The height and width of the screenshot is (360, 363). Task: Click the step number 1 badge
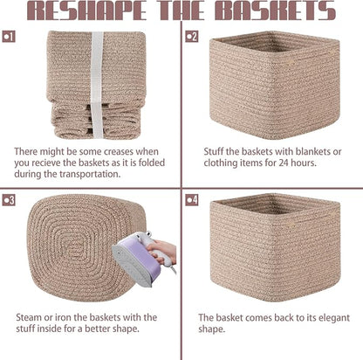[x=9, y=37]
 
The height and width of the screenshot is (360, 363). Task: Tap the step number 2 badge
[x=192, y=37]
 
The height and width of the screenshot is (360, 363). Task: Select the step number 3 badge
[x=9, y=200]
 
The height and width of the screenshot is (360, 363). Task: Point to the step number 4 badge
[x=192, y=200]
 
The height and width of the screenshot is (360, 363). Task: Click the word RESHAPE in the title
[x=86, y=10]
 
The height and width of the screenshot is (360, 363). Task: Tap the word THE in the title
[x=181, y=10]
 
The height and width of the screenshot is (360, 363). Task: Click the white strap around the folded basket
[x=97, y=85]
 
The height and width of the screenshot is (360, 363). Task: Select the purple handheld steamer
[x=138, y=258]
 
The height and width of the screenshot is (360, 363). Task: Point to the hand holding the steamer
[x=162, y=251]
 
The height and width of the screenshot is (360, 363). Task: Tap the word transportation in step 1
[x=90, y=174]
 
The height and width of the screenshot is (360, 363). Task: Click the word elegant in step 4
[x=334, y=318]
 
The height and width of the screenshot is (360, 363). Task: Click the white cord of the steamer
[x=174, y=269]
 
